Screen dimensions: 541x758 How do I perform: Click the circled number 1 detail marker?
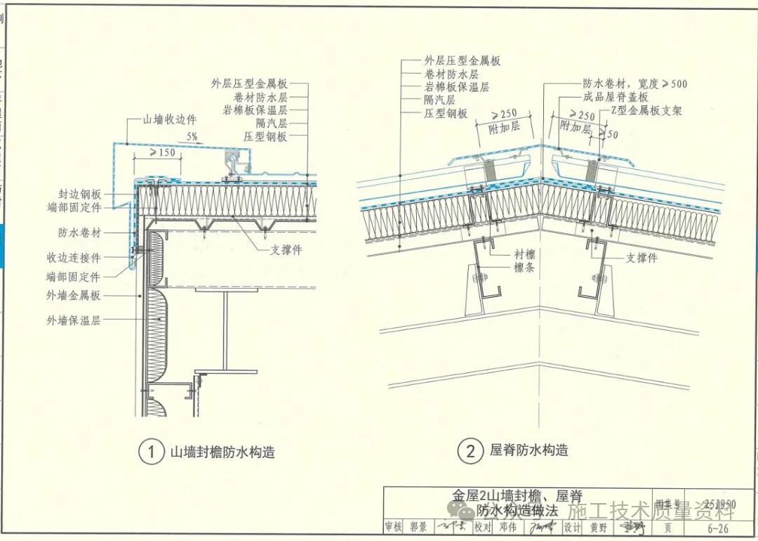149,452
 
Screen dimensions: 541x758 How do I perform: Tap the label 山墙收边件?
170,120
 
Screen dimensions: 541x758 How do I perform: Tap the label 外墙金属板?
74,296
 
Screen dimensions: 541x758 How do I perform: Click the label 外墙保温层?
74,320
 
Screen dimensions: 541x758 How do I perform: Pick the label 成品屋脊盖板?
616,98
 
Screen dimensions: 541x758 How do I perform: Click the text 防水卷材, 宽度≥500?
635,84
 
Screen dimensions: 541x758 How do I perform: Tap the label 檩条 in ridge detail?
524,268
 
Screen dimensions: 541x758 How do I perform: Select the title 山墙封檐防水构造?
222,452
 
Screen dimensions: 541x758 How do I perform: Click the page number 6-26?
717,528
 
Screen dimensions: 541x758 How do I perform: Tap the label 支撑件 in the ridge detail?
641,258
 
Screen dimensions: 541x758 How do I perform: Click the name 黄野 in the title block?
598,528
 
